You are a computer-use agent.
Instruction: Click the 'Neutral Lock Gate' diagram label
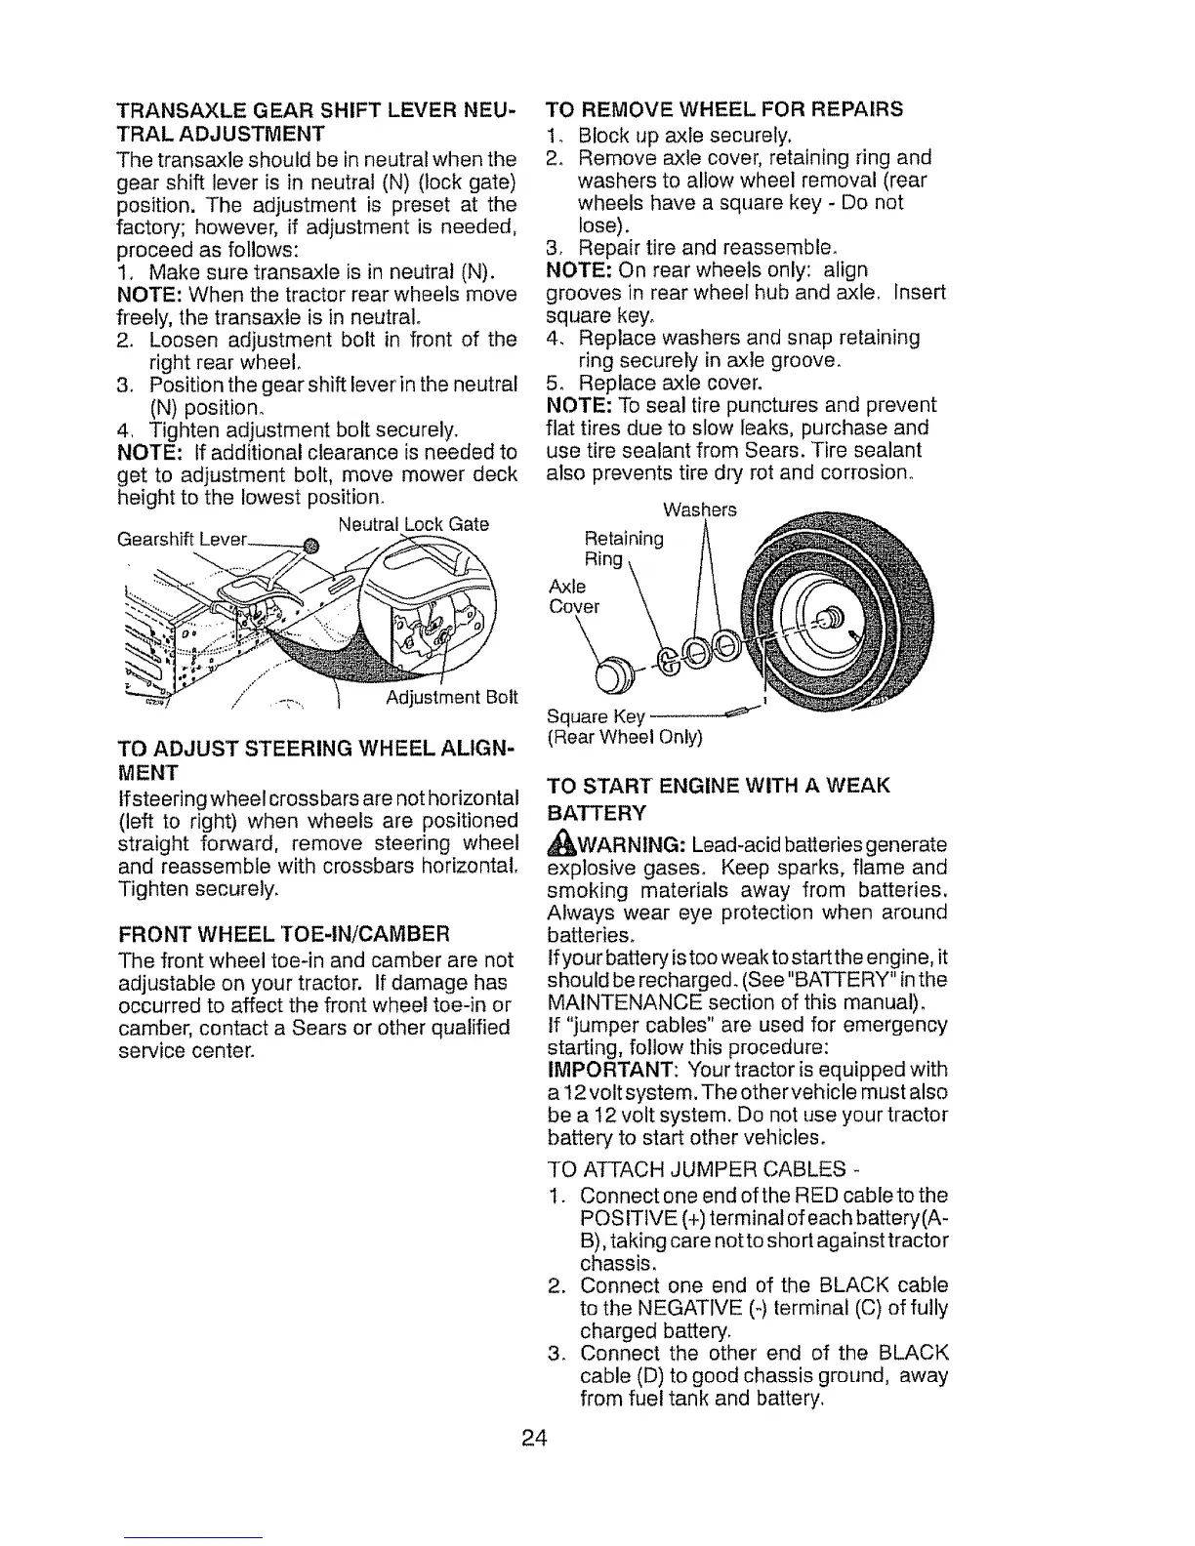(x=413, y=524)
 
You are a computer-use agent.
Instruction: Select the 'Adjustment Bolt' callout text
(x=451, y=698)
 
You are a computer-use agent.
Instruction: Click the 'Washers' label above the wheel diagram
(x=700, y=509)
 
